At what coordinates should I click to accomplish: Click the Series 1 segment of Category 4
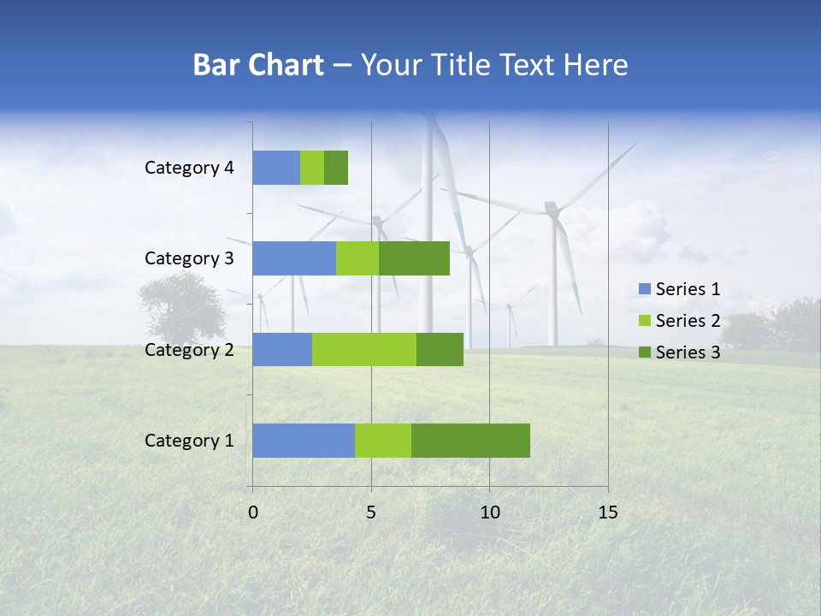pos(276,168)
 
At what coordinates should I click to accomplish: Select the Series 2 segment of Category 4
pos(312,168)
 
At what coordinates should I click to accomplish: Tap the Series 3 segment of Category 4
pos(336,168)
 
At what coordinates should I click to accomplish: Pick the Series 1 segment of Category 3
pos(294,258)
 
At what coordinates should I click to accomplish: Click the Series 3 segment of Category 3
pos(414,258)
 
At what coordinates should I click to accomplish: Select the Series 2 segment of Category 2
pos(364,349)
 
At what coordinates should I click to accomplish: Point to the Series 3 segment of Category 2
pos(440,349)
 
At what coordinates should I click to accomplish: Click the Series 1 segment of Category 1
pos(304,441)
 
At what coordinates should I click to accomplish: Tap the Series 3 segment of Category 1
pos(470,441)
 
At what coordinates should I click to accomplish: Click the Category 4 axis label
pos(189,168)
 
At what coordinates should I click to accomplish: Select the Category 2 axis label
pos(189,349)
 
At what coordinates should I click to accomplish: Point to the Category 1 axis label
pos(189,441)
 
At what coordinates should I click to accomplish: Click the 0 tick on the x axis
pos(253,512)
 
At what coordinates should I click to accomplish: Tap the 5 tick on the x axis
pos(371,512)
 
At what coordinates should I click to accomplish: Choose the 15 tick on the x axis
pos(607,512)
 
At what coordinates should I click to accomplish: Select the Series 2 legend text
pos(688,321)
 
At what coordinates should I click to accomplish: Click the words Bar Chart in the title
pos(258,65)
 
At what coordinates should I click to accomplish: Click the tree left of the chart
pos(180,304)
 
